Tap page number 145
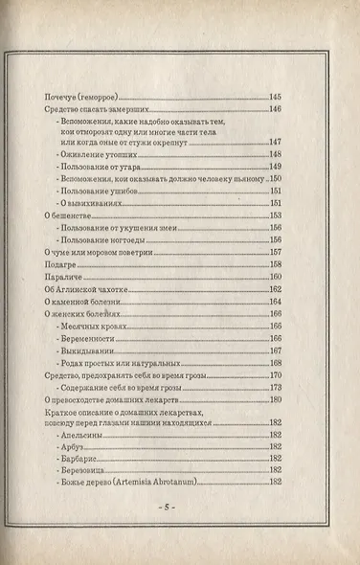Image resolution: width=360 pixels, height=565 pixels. (x=275, y=98)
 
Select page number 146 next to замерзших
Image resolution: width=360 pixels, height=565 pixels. (x=275, y=109)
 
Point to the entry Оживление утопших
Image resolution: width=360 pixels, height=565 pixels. (x=92, y=154)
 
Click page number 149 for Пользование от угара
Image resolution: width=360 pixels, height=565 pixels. (x=275, y=166)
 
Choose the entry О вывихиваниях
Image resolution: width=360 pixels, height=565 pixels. (x=91, y=202)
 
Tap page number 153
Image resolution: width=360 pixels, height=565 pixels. (x=275, y=216)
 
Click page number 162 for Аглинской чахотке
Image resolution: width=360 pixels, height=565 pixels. (x=275, y=289)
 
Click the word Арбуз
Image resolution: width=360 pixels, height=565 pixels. (x=71, y=446)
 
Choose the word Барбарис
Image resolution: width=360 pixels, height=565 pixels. (x=77, y=459)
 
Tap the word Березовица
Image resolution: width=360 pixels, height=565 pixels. (x=80, y=470)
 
